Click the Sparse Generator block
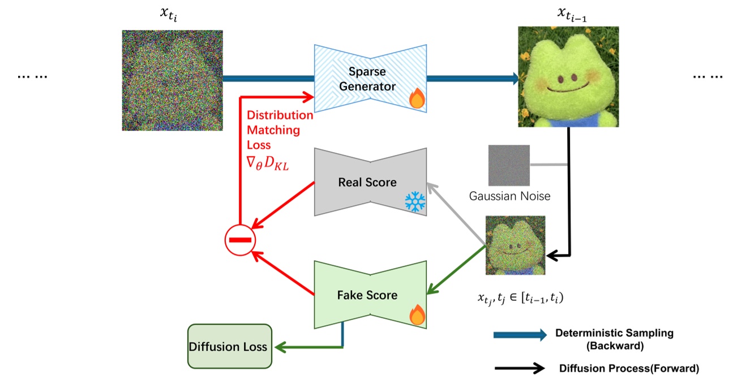370,79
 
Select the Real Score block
370,182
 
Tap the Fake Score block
370,295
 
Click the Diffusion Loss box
230,346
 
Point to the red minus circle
240,240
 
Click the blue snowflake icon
415,201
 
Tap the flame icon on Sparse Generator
417,98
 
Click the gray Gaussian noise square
509,165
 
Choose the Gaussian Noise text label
509,196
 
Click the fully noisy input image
172,80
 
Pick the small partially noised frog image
515,245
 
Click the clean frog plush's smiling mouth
568,88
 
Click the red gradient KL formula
268,163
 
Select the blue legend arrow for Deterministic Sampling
520,335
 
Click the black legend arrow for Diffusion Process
520,368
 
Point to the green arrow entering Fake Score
456,270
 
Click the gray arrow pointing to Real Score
456,214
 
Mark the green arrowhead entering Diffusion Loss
280,347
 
